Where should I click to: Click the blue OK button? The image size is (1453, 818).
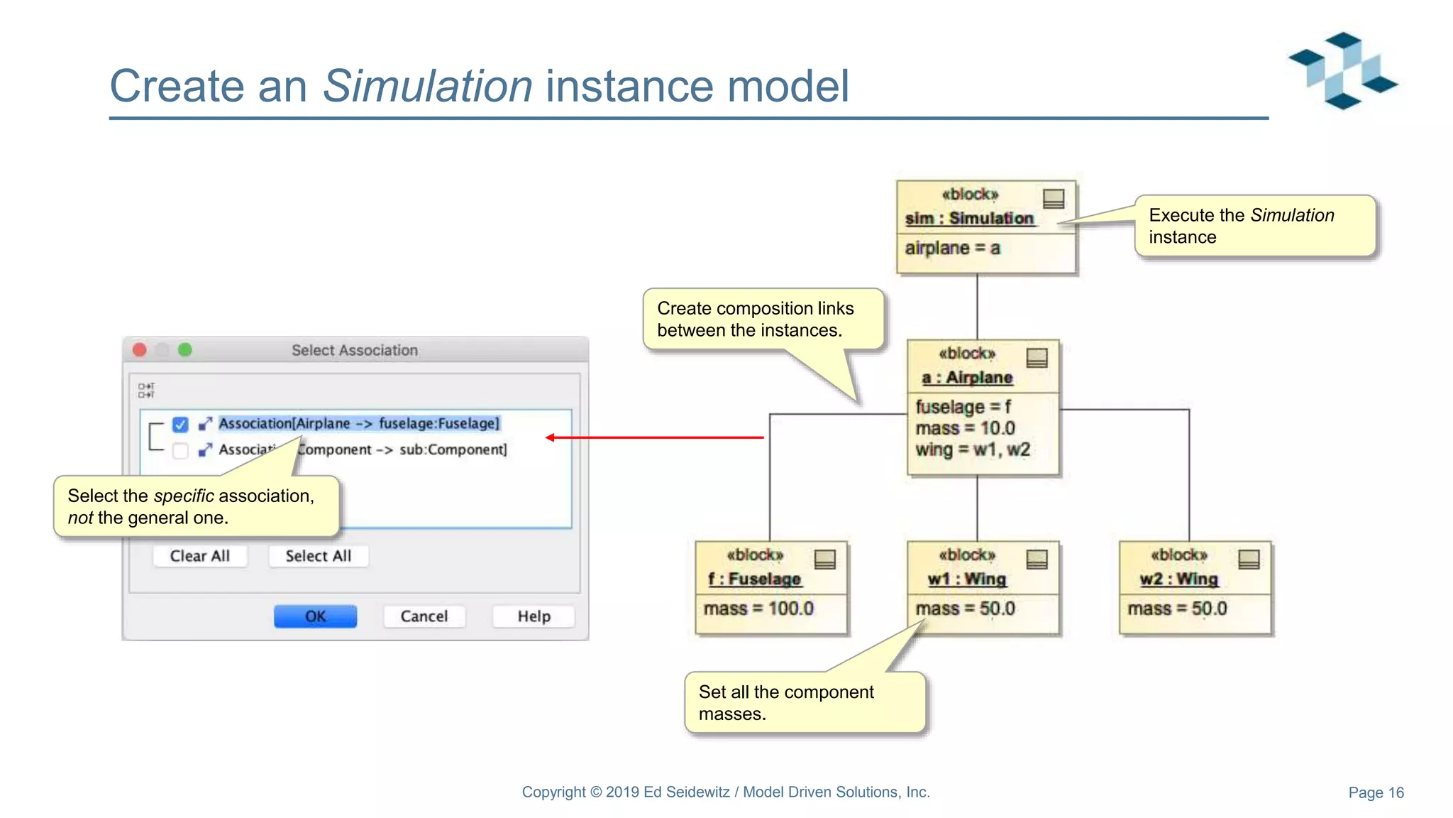tap(315, 616)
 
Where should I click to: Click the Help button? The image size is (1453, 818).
tap(534, 616)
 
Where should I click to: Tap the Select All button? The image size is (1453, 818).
tap(318, 555)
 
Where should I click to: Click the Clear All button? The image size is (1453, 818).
tap(200, 555)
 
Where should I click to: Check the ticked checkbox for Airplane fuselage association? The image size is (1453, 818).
tap(180, 424)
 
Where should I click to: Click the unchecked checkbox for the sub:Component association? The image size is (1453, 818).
tap(180, 450)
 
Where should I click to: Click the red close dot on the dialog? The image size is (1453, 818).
tap(140, 349)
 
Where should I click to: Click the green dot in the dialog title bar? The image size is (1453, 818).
tap(185, 349)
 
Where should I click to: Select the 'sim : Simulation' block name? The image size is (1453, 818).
tap(969, 218)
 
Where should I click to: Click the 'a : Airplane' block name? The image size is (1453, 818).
tap(967, 377)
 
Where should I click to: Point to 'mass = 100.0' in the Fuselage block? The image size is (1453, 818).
tap(758, 609)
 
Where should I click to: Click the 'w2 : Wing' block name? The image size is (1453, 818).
tap(1178, 579)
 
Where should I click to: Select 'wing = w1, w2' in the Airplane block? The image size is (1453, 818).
tap(973, 449)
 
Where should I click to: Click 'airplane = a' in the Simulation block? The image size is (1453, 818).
tap(952, 248)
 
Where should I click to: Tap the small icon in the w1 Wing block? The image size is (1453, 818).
tap(1037, 560)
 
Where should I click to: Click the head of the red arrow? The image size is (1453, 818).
tap(551, 437)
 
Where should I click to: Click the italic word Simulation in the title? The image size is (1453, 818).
tap(427, 86)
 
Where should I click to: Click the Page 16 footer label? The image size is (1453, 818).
tap(1376, 792)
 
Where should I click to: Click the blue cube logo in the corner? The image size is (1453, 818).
tap(1342, 70)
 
